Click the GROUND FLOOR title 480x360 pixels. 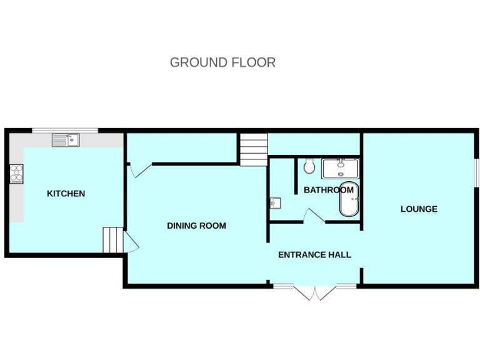point(222,62)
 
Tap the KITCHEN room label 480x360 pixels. point(66,194)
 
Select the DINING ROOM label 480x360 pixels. point(196,226)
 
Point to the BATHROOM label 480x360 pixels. point(329,190)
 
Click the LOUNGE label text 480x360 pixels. point(419,209)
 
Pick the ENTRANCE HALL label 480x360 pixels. point(314,254)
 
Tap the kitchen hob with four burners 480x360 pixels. point(16,173)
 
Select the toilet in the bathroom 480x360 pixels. point(309,167)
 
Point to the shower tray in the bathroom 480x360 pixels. point(340,168)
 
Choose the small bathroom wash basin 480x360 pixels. point(276,203)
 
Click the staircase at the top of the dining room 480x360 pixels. point(253,149)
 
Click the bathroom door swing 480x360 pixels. point(312,216)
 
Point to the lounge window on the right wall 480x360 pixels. point(476,172)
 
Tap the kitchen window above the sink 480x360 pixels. point(65,130)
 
